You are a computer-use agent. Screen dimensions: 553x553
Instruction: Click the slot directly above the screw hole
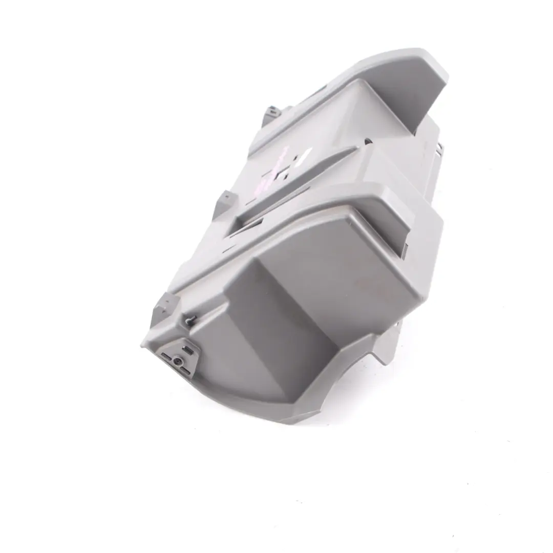188,350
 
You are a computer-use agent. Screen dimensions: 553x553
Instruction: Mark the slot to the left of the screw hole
166,355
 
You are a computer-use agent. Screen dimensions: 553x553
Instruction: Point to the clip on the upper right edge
439,148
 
